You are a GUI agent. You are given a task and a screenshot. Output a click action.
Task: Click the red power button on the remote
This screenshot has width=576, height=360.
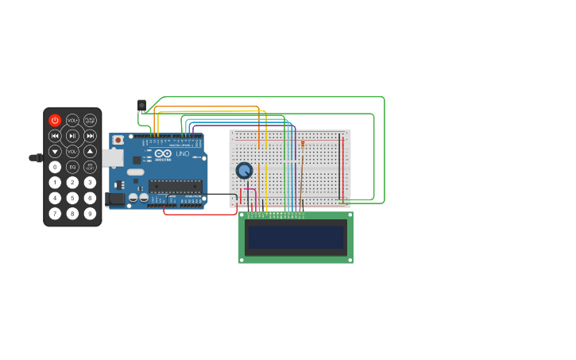(x=55, y=120)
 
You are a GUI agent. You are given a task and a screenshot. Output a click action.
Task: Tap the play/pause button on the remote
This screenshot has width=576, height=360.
(x=72, y=136)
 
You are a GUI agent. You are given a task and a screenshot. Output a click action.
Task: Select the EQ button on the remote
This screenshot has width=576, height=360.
(x=72, y=167)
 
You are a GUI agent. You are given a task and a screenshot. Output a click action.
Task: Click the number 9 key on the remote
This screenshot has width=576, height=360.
(x=90, y=213)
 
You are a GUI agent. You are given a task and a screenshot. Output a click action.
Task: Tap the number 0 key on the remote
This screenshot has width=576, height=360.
(x=55, y=167)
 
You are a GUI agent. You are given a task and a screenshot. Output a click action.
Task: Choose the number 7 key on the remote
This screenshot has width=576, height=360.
(x=55, y=213)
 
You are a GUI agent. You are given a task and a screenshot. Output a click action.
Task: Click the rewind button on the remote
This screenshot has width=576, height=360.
(x=55, y=136)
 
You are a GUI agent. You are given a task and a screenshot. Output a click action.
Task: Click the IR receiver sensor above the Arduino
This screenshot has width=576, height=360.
(x=141, y=105)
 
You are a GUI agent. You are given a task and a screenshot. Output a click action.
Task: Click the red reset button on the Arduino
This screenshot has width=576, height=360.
(x=118, y=140)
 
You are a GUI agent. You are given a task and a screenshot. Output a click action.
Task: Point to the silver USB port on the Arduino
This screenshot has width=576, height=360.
(x=112, y=157)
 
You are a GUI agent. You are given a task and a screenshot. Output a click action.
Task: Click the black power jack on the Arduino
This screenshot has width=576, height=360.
(x=114, y=199)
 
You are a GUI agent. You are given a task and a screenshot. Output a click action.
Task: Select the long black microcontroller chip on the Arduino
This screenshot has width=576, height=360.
(x=175, y=186)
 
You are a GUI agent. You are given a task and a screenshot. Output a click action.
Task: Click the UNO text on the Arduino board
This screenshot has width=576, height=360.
(x=183, y=153)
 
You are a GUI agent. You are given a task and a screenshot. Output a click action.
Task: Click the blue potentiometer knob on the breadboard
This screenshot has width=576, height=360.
(x=244, y=170)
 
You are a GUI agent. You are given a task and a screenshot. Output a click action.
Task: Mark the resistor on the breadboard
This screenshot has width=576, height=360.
(x=303, y=145)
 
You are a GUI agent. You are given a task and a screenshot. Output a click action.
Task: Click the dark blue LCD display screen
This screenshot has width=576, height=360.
(x=296, y=237)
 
